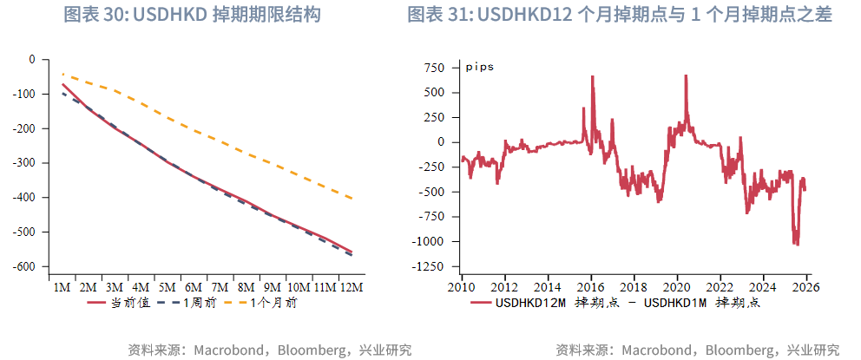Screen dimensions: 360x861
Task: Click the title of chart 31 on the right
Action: click(x=619, y=16)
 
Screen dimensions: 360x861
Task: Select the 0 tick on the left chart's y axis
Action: click(x=32, y=60)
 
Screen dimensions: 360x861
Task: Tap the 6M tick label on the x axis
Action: click(x=194, y=287)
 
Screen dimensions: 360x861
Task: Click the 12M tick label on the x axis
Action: click(x=352, y=287)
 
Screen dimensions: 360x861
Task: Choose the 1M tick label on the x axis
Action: click(x=62, y=287)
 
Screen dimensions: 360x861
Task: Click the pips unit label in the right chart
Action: click(x=480, y=67)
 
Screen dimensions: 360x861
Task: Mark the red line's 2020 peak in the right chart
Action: click(x=686, y=76)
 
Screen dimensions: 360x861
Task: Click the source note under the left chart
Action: click(x=269, y=350)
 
